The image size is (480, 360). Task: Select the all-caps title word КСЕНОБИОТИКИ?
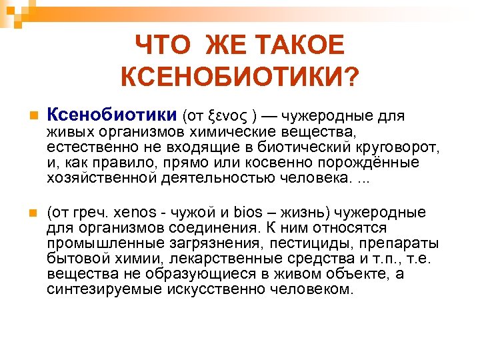point(239,77)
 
